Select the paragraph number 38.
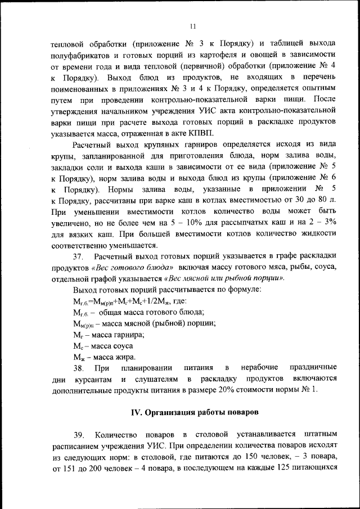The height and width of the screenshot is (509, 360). [x=80, y=368]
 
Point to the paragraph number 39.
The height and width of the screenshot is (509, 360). [x=80, y=434]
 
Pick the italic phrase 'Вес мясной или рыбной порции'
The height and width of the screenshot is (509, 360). [x=224, y=278]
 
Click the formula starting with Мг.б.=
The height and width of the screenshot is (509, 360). [x=125, y=301]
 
